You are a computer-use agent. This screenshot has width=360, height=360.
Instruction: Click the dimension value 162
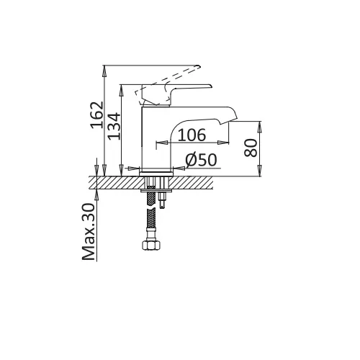pyautogui.click(x=97, y=115)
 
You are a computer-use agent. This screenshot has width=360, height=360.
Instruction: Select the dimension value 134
pyautogui.click(x=114, y=126)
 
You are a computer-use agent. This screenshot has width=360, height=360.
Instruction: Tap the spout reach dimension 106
pyautogui.click(x=192, y=135)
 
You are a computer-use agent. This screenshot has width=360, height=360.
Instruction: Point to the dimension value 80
pyautogui.click(x=251, y=148)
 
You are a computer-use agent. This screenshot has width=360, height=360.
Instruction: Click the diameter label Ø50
pyautogui.click(x=201, y=160)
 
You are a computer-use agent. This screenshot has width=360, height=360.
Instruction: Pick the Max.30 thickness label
pyautogui.click(x=89, y=232)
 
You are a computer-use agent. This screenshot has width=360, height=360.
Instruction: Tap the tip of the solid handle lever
pyautogui.click(x=212, y=86)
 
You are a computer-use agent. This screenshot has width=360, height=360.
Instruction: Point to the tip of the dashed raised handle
pyautogui.click(x=199, y=66)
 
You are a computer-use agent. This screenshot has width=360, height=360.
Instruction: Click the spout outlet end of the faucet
pyautogui.click(x=228, y=122)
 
